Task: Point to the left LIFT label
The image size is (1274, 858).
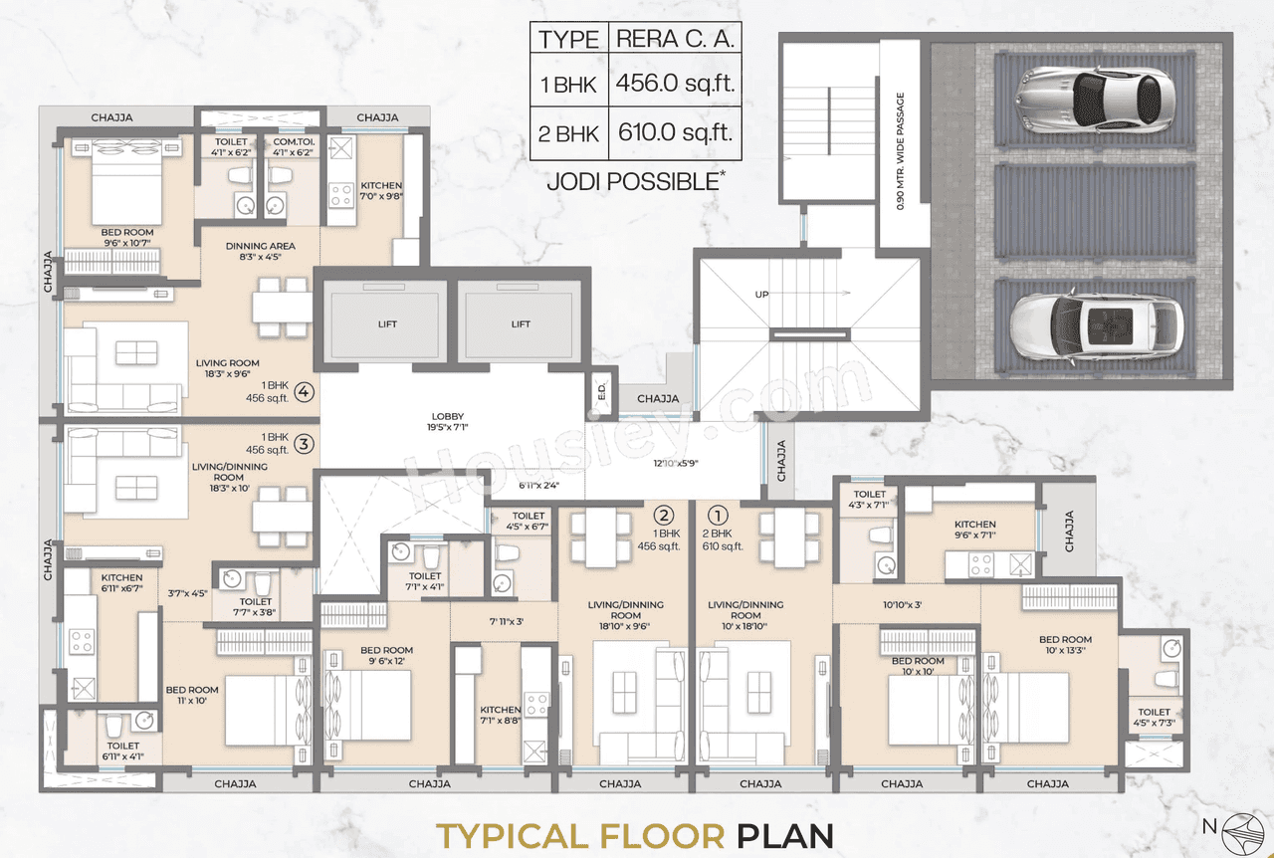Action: click(x=386, y=324)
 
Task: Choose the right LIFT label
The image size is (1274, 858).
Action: click(x=521, y=324)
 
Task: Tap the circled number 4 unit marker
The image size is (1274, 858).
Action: click(x=305, y=391)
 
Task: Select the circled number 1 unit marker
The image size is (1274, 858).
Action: click(x=717, y=516)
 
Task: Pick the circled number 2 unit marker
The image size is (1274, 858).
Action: click(x=664, y=516)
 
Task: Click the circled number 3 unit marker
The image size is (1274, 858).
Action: click(x=305, y=444)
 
